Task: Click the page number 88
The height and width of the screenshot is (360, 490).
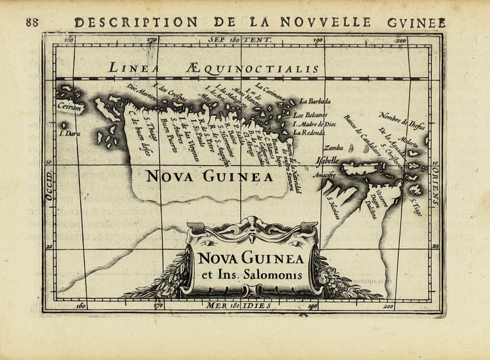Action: click(32, 22)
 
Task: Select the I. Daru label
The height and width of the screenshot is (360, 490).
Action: click(69, 133)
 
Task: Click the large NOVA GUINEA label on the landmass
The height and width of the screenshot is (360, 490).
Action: click(209, 177)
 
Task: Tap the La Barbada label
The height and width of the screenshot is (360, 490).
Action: click(315, 102)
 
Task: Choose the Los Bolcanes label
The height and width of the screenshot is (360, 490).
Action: click(310, 115)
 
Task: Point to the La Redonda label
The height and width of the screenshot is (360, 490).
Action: click(309, 132)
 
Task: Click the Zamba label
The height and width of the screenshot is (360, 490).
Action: click(333, 147)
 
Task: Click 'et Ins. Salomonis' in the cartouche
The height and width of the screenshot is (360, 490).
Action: click(251, 275)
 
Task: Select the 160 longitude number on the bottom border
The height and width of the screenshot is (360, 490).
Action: click(81, 307)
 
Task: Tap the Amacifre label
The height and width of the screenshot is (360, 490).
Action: click(323, 175)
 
